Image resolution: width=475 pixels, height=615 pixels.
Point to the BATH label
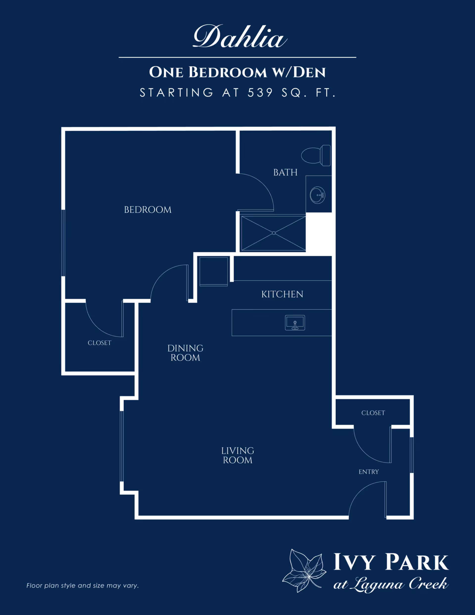tap(285, 172)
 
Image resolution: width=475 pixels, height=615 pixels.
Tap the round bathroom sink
tap(318, 195)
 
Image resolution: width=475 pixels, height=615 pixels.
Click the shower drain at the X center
tap(274, 233)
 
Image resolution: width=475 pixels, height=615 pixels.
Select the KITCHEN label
tap(282, 295)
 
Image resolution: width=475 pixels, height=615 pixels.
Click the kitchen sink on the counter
tap(295, 323)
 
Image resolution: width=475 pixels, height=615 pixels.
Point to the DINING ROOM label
tap(185, 353)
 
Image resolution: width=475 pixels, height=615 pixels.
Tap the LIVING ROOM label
tap(238, 455)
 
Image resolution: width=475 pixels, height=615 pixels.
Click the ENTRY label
tap(369, 472)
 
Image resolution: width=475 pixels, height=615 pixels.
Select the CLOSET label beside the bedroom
tap(99, 343)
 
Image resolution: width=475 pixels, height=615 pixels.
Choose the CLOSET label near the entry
tap(373, 413)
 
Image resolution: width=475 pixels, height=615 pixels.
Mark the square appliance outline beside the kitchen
tap(214, 271)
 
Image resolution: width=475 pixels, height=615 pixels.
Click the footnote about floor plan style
tap(82, 586)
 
